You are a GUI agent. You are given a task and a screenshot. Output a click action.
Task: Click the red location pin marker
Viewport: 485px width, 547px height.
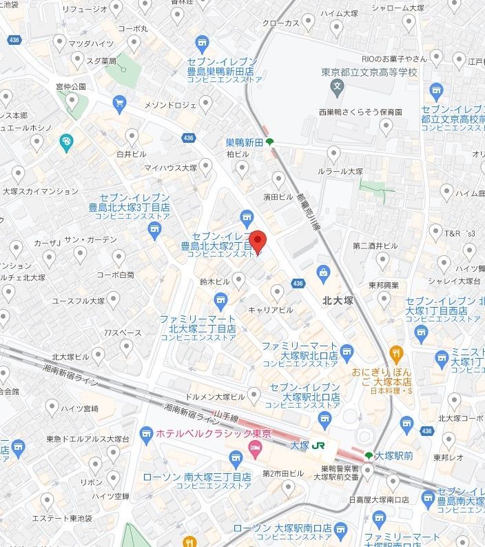click(257, 241)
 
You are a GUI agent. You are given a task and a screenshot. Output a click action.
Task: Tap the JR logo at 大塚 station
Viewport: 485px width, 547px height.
click(318, 446)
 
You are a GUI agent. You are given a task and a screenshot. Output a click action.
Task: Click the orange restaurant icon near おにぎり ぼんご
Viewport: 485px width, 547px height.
click(396, 355)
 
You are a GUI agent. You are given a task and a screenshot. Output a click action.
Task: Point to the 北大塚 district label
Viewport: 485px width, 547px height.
click(338, 300)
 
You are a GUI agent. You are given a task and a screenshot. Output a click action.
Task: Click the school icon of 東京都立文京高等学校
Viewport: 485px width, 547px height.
click(337, 87)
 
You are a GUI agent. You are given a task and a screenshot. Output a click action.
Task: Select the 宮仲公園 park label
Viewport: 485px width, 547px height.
click(71, 87)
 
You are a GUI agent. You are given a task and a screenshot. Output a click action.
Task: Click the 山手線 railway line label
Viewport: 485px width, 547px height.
click(226, 419)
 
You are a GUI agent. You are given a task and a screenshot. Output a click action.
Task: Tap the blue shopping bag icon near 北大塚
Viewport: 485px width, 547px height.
click(322, 272)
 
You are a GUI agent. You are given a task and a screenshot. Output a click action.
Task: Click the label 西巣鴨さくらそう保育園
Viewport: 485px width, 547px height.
click(360, 111)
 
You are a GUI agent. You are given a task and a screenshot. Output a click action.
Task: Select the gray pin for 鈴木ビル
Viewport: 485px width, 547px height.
click(238, 279)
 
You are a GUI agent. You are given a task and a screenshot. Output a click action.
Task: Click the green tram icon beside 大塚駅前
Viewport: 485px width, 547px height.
click(369, 455)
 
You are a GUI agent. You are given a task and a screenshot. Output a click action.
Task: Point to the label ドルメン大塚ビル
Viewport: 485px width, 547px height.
click(215, 397)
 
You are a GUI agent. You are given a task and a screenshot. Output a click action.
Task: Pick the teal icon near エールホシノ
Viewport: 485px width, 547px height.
click(66, 143)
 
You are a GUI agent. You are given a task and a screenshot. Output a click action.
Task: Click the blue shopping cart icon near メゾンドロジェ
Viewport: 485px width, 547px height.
click(120, 104)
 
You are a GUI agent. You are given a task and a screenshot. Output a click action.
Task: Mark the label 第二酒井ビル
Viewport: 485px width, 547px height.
click(375, 246)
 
